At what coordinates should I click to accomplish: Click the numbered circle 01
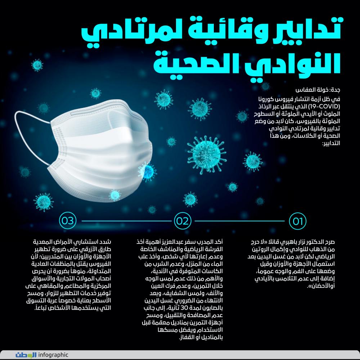point(297,221)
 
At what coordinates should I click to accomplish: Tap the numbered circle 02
point(183,221)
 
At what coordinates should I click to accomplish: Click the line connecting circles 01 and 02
point(240,221)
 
